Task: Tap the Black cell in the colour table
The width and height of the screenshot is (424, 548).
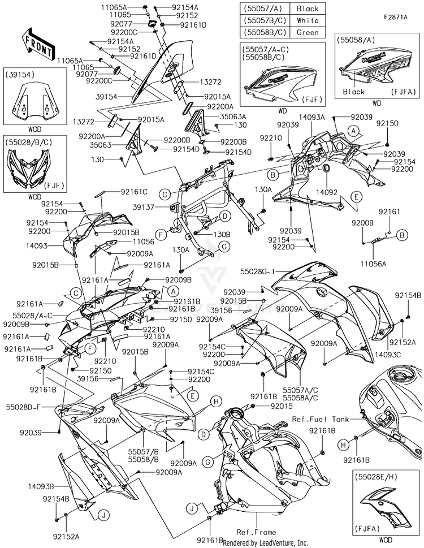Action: click(307, 8)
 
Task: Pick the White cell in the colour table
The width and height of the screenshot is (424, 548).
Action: click(307, 20)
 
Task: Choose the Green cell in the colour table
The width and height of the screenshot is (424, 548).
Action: click(307, 32)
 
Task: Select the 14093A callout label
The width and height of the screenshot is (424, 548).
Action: click(312, 117)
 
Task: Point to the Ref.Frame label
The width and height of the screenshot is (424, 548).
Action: click(256, 532)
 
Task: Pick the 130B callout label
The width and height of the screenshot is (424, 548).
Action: click(205, 234)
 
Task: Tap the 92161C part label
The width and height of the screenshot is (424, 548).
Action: click(134, 192)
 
